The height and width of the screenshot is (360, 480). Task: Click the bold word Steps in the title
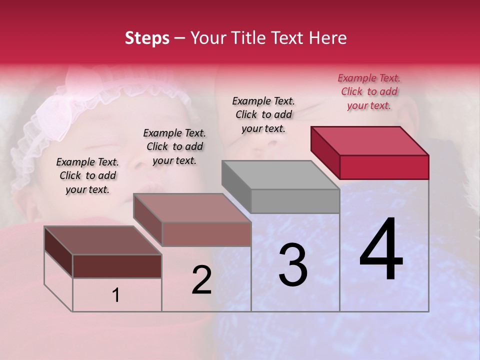click(147, 38)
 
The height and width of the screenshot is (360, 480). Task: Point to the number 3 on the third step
click(293, 265)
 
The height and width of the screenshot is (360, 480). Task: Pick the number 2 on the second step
click(202, 280)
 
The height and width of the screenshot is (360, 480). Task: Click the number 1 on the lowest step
click(116, 295)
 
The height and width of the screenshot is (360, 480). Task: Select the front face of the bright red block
click(384, 167)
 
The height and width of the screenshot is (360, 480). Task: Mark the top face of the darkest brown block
click(103, 240)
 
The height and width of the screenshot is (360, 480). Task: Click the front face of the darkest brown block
click(117, 266)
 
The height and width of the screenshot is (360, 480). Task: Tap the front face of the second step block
click(206, 234)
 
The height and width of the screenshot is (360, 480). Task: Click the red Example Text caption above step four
click(369, 91)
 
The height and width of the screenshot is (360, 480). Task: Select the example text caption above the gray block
click(263, 114)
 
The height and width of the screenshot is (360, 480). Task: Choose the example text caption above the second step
click(174, 146)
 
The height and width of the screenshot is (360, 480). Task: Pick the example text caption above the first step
click(87, 175)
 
